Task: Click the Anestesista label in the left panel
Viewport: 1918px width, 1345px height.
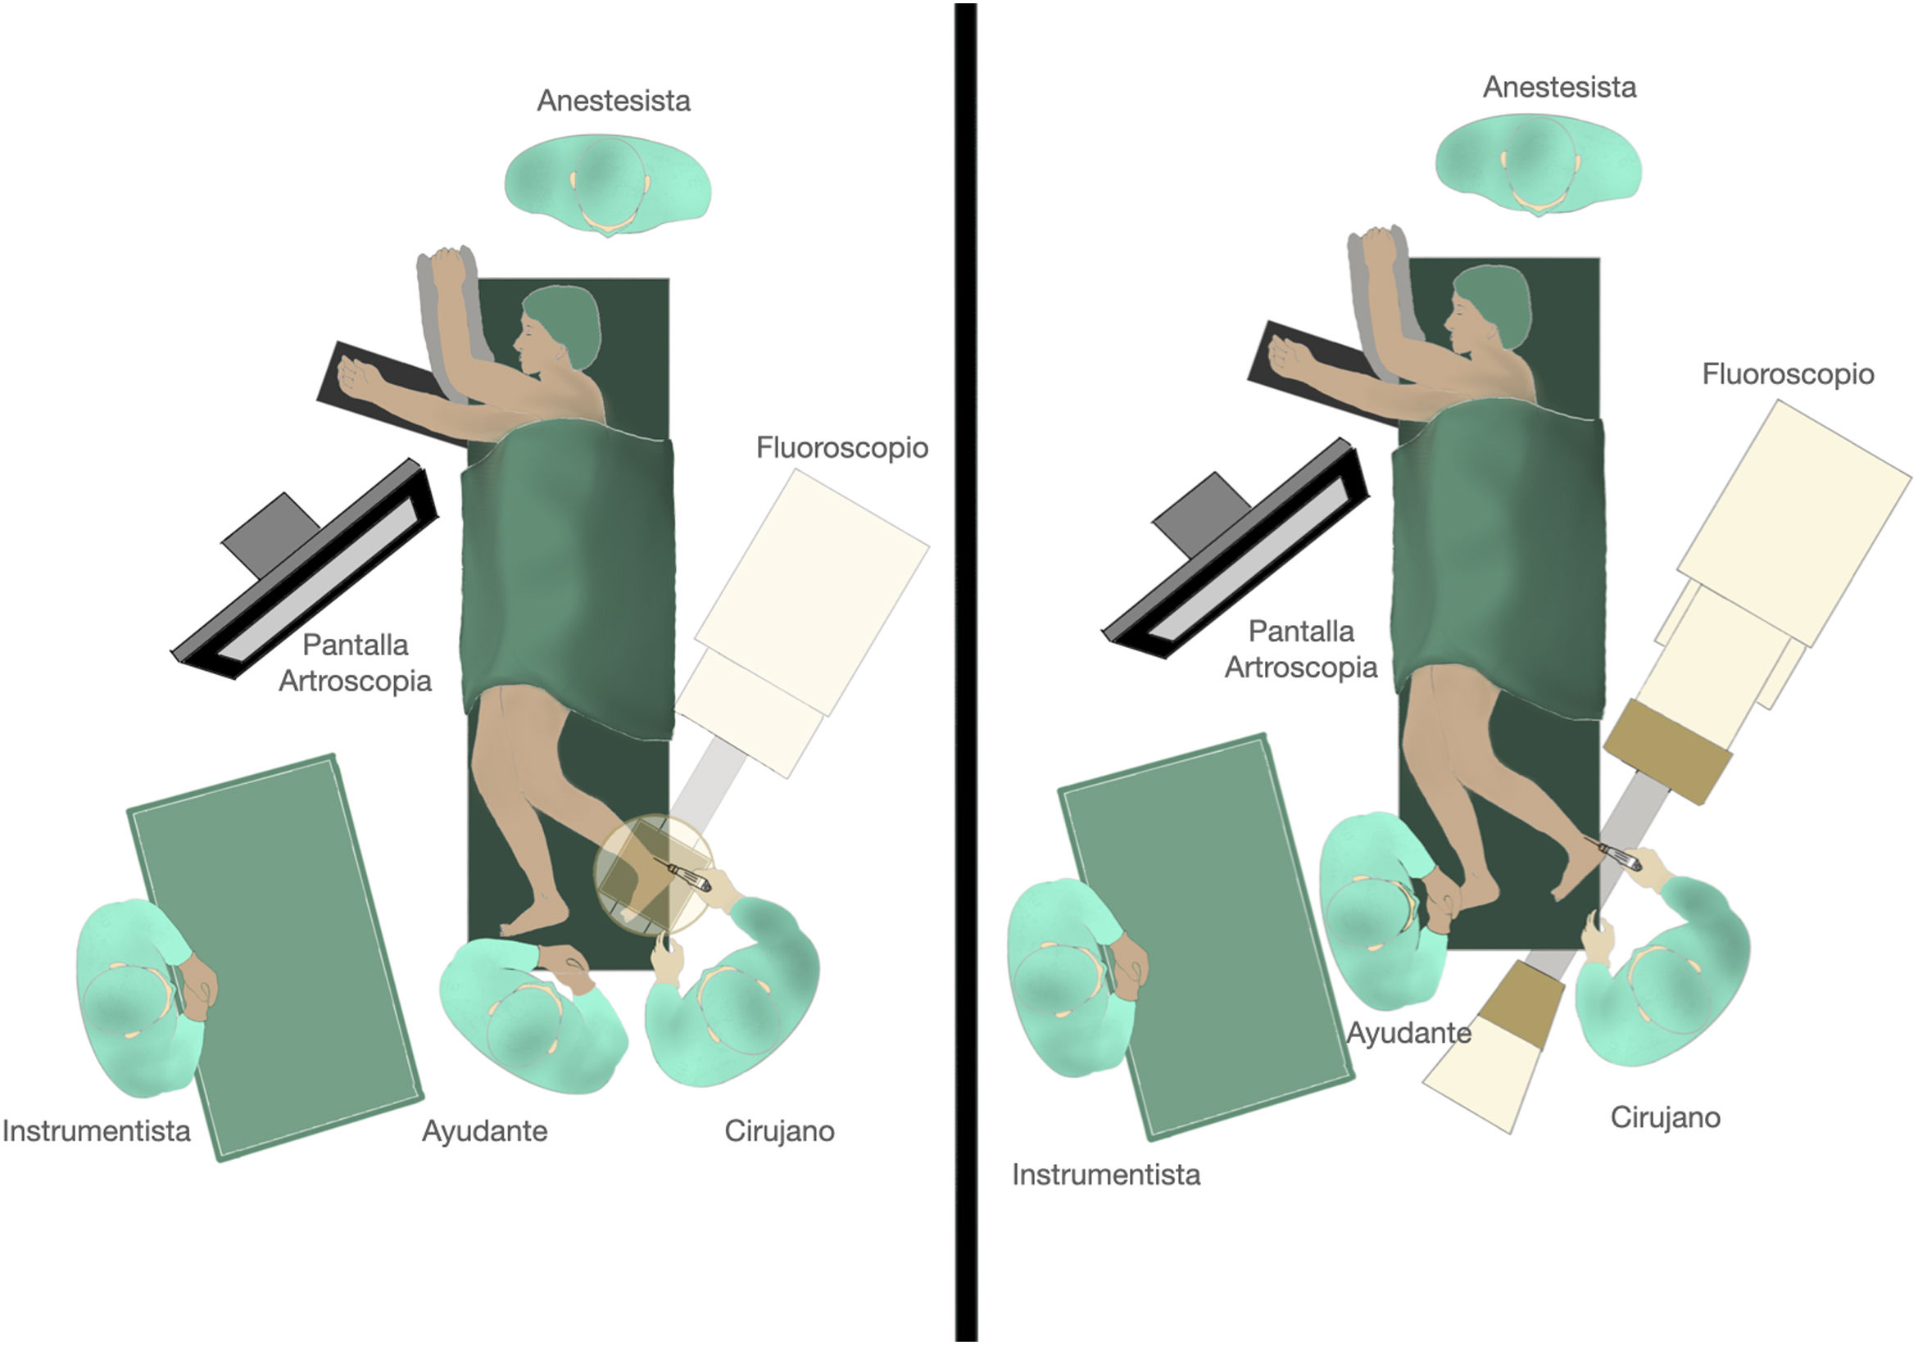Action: [613, 101]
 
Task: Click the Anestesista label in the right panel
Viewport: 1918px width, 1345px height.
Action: [1559, 87]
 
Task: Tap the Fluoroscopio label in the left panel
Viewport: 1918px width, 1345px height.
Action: [842, 448]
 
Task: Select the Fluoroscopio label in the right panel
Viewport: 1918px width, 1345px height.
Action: [1788, 374]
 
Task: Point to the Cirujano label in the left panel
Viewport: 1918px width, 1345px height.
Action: [778, 1131]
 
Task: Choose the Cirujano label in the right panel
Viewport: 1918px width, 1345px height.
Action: [1665, 1118]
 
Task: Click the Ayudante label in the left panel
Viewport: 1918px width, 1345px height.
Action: [484, 1131]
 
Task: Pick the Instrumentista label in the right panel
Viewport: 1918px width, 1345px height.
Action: [1106, 1175]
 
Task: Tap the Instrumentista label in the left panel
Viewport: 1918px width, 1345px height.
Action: [96, 1131]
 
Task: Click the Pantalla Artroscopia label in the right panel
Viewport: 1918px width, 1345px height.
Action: [1301, 649]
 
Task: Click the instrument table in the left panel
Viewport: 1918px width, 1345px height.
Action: [275, 957]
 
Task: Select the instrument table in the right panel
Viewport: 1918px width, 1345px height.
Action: [1203, 935]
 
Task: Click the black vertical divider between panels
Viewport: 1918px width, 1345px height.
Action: [966, 668]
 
